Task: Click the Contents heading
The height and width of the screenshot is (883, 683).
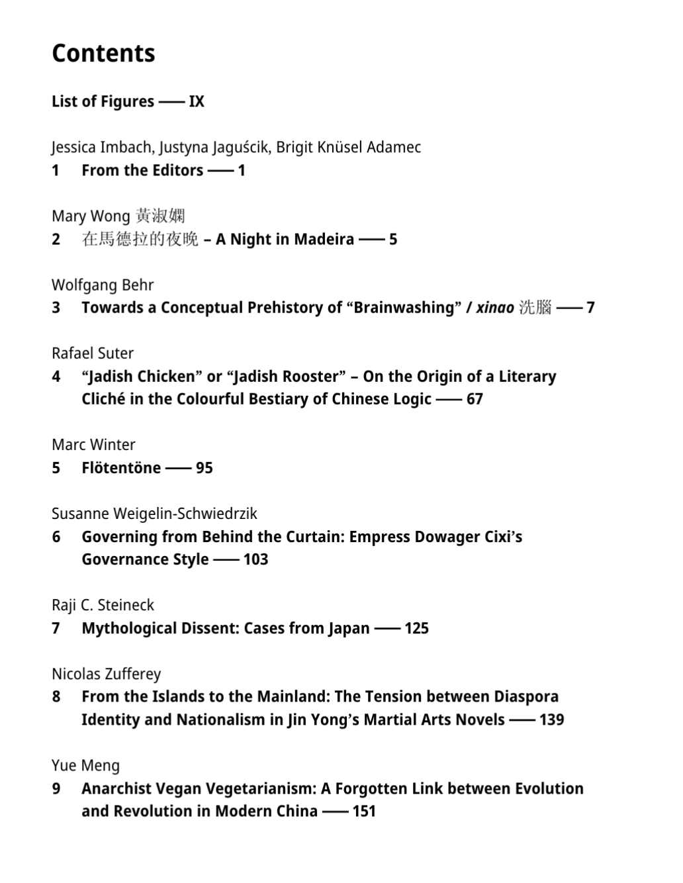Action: (x=103, y=54)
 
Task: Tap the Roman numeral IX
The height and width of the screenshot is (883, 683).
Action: (x=197, y=101)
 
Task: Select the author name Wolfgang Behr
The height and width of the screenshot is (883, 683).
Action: (x=103, y=285)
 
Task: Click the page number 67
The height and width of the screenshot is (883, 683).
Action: (x=475, y=399)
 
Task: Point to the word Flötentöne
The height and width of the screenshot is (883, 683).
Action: (x=121, y=468)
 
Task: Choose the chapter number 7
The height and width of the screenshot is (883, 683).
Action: (x=56, y=628)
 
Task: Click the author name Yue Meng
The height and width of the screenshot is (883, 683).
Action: (x=85, y=766)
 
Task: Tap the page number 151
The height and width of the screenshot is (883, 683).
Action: (x=364, y=812)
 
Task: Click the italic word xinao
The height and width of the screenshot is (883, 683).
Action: (x=495, y=308)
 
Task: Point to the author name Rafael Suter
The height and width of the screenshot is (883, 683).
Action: (x=93, y=353)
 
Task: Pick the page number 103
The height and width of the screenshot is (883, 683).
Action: (x=255, y=559)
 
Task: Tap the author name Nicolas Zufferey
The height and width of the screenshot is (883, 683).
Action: (x=107, y=674)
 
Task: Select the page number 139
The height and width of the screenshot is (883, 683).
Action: (x=551, y=720)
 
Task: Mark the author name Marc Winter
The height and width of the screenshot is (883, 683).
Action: (x=93, y=445)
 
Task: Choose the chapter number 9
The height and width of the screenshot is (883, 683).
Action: (x=56, y=788)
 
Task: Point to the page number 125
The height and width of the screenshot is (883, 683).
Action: (x=416, y=628)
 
